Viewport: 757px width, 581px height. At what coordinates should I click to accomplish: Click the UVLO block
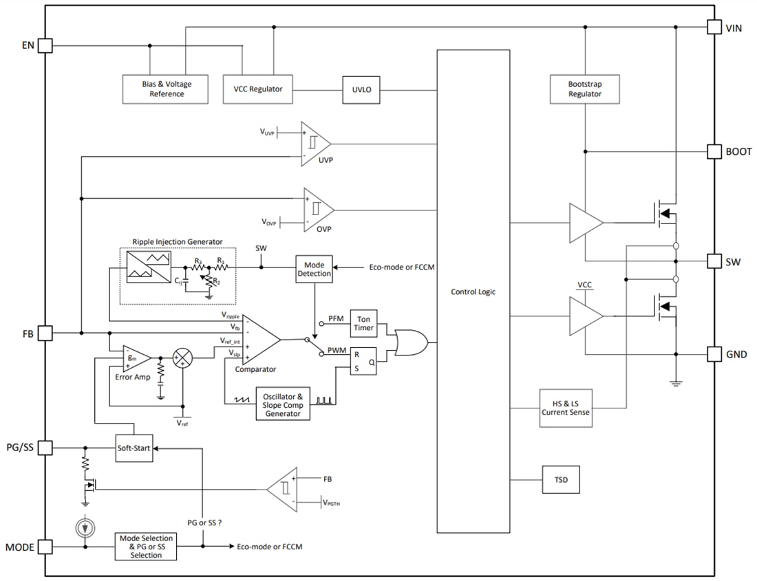[x=361, y=89]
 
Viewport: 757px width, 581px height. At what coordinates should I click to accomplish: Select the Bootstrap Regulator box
[x=584, y=89]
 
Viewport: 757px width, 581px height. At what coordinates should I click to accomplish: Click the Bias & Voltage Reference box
[x=165, y=89]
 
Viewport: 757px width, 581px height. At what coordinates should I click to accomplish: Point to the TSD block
[x=560, y=479]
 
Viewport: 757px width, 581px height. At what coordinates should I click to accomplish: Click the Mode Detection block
[x=314, y=269]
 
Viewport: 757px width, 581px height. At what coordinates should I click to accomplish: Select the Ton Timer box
[x=363, y=322]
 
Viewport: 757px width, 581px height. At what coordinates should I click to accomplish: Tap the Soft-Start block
[x=134, y=448]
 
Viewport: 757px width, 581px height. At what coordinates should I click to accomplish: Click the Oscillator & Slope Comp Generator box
[x=283, y=405]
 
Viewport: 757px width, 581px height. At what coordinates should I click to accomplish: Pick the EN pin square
[x=45, y=45]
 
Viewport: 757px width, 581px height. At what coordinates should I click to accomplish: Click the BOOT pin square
[x=714, y=151]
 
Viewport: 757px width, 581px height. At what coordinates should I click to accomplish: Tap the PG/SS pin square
[x=45, y=448]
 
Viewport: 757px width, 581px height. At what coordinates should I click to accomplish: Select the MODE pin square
[x=45, y=547]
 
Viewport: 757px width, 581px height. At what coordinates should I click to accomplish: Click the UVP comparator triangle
[x=313, y=142]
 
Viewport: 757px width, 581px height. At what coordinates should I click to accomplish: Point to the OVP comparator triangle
[x=317, y=209]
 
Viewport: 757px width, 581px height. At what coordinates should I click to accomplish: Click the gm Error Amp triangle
[x=134, y=358]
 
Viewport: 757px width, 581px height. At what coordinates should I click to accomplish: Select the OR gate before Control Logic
[x=409, y=340]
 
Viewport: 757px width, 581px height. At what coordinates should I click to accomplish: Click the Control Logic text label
[x=473, y=292]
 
